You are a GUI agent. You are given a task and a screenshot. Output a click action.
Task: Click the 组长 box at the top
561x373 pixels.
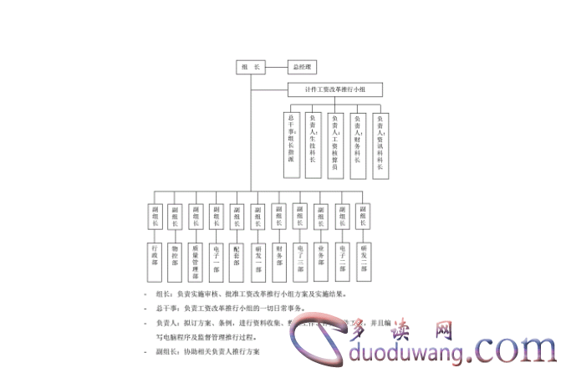[x=250, y=67]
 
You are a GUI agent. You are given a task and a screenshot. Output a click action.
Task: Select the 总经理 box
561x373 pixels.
[x=300, y=67]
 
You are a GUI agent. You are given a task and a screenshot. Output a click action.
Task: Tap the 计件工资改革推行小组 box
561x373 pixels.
[x=334, y=88]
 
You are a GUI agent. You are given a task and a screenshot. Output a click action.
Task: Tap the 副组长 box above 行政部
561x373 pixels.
[x=154, y=217]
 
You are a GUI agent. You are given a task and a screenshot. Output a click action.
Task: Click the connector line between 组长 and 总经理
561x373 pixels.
[x=276, y=67]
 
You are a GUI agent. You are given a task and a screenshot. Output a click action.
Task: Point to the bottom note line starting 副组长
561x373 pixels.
[x=209, y=352]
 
